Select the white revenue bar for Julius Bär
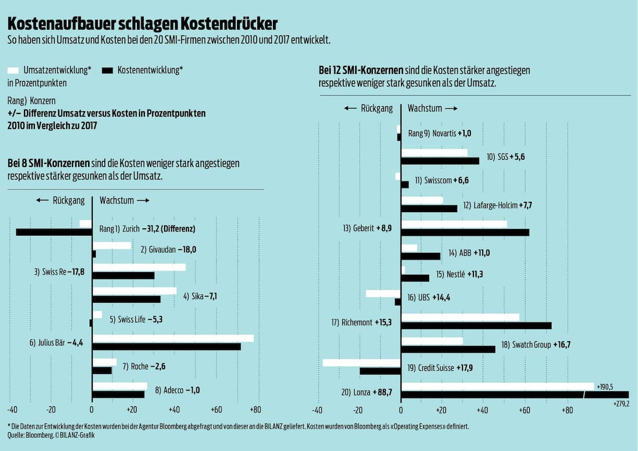click(172, 338)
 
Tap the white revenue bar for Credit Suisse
click(361, 363)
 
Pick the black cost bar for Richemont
click(476, 326)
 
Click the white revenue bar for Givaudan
click(111, 246)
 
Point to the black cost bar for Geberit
click(465, 233)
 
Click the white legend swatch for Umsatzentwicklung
click(13, 70)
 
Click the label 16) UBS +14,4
click(429, 298)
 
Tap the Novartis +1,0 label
click(440, 134)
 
